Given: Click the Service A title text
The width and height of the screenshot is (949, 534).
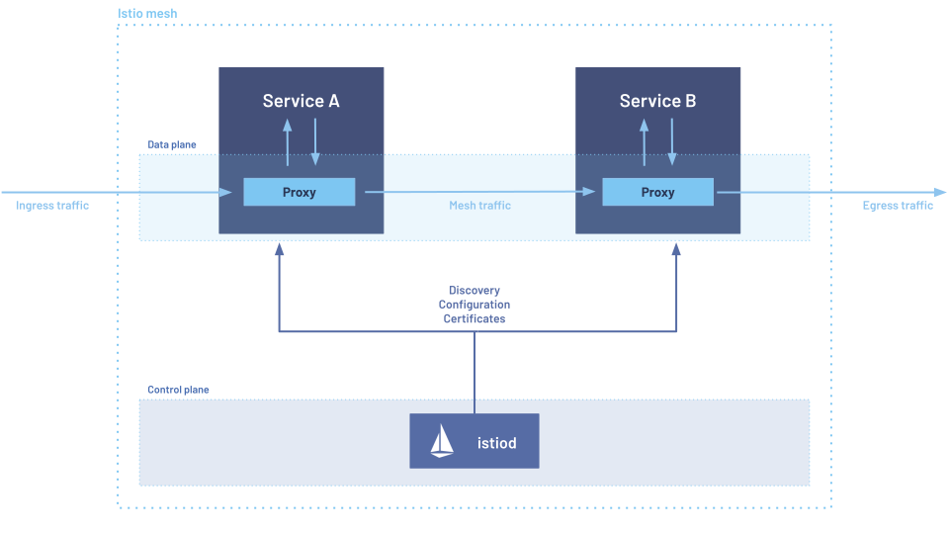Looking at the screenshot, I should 301,101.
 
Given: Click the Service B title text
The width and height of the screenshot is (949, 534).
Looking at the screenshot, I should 657,101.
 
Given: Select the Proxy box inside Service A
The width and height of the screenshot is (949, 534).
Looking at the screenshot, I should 300,192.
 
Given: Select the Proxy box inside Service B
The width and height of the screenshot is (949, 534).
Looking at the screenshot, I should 657,192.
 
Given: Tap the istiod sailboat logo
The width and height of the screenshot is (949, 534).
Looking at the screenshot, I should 442,441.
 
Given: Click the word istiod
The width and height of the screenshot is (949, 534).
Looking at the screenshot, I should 496,443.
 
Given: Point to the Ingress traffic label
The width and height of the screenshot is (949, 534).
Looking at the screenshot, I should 52,206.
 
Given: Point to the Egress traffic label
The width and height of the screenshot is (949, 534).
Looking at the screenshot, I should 898,206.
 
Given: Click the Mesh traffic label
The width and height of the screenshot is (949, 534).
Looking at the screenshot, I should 479,206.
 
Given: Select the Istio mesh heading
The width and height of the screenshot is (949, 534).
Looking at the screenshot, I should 147,15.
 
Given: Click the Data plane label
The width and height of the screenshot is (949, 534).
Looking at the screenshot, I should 172,144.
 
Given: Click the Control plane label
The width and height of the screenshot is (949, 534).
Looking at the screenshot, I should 178,390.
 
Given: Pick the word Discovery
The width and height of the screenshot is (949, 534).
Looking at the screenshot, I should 474,291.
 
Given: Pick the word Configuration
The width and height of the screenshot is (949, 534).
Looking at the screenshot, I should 474,305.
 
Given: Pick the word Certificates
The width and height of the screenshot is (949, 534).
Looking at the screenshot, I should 474,318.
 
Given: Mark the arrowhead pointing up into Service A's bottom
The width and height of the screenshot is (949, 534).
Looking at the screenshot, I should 280,250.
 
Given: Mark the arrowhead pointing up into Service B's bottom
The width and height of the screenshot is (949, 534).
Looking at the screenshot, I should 676,250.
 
